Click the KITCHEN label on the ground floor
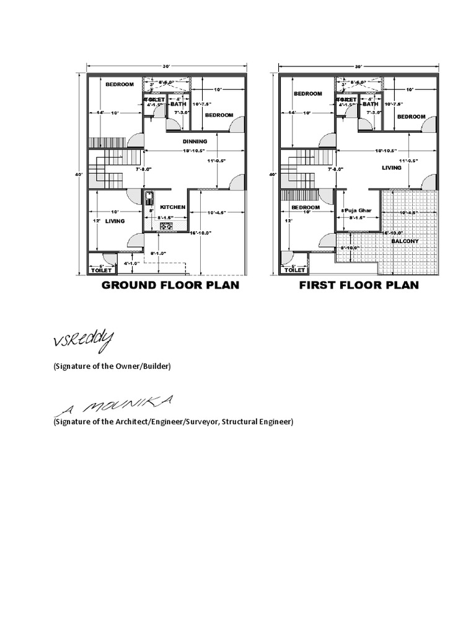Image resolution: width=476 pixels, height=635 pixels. pyautogui.click(x=173, y=206)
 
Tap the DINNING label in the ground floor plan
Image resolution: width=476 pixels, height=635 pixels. pyautogui.click(x=195, y=141)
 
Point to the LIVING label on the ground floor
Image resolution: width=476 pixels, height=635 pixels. pyautogui.click(x=115, y=220)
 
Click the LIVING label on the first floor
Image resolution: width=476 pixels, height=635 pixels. pyautogui.click(x=392, y=167)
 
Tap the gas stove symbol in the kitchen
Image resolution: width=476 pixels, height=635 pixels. pyautogui.click(x=166, y=227)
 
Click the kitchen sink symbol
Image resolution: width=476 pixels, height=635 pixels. pyautogui.click(x=149, y=198)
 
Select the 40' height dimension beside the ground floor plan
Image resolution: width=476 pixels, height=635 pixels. pyautogui.click(x=79, y=175)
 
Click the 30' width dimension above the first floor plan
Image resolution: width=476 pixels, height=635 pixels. pyautogui.click(x=358, y=66)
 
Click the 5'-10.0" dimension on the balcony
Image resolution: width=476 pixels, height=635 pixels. pyautogui.click(x=351, y=248)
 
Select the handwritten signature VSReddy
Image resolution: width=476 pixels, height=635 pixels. pyautogui.click(x=83, y=340)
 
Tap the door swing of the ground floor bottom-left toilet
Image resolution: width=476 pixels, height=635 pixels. pyautogui.click(x=108, y=258)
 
